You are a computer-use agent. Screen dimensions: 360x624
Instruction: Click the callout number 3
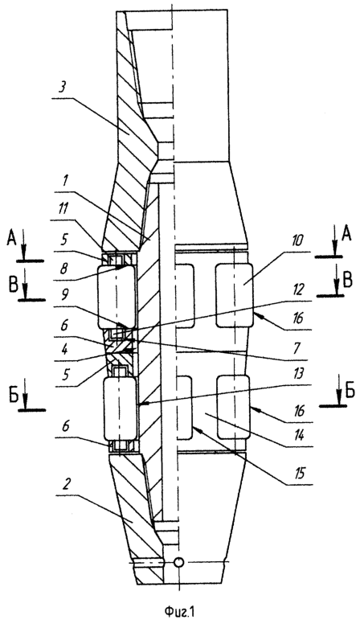62,88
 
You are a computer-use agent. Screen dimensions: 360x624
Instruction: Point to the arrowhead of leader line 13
141,404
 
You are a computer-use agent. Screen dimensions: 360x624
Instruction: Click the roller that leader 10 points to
234,295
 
